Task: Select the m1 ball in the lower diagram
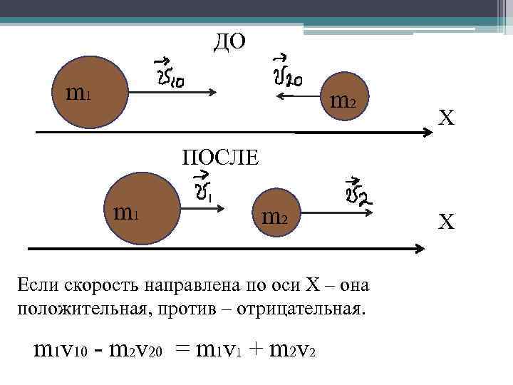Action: pos(138,212)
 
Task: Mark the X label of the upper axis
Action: pos(446,118)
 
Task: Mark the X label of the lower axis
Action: pos(446,223)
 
